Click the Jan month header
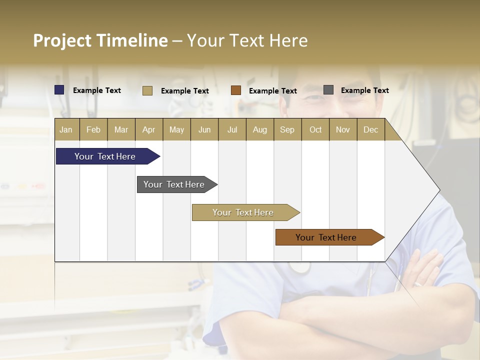66,130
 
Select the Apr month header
148,130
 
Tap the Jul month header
232,130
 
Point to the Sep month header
287,130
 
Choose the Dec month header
370,130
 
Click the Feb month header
93,130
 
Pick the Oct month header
315,130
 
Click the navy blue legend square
59,90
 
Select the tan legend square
147,90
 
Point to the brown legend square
236,90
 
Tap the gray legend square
328,90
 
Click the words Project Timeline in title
100,40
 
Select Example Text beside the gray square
364,90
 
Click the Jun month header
204,130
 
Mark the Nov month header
343,130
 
